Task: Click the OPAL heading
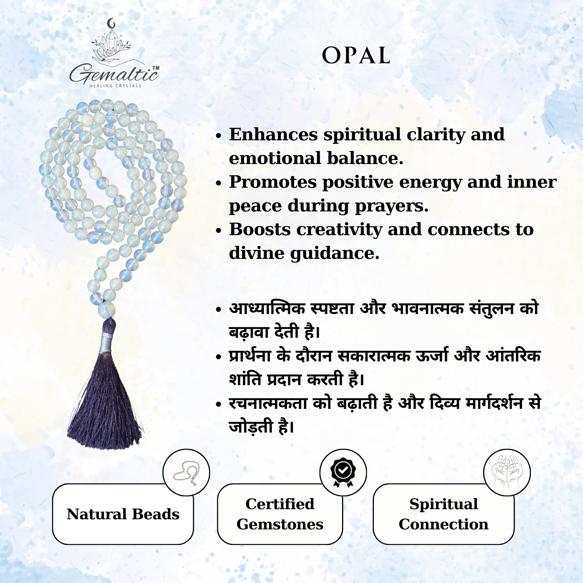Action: [356, 56]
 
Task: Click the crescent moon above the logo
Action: [112, 24]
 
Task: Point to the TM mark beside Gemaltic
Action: [155, 68]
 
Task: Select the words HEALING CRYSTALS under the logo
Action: [115, 86]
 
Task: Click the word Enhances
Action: [273, 134]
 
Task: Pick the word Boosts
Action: [260, 229]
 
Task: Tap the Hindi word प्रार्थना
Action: [250, 356]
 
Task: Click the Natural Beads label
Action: [123, 514]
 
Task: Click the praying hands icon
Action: [507, 472]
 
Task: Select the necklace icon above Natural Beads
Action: [186, 473]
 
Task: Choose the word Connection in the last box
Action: [443, 524]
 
